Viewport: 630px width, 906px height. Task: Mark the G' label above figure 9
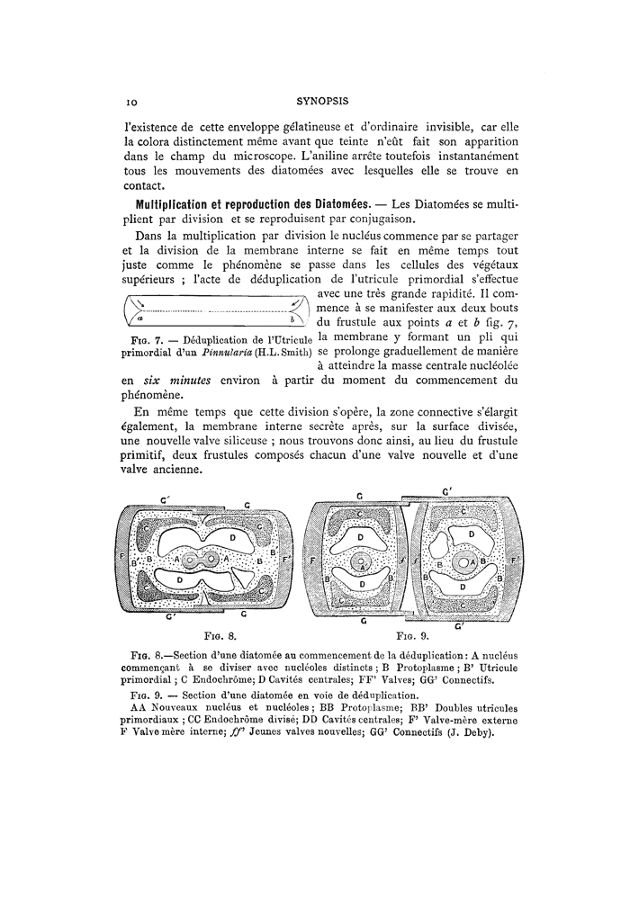pos(447,491)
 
